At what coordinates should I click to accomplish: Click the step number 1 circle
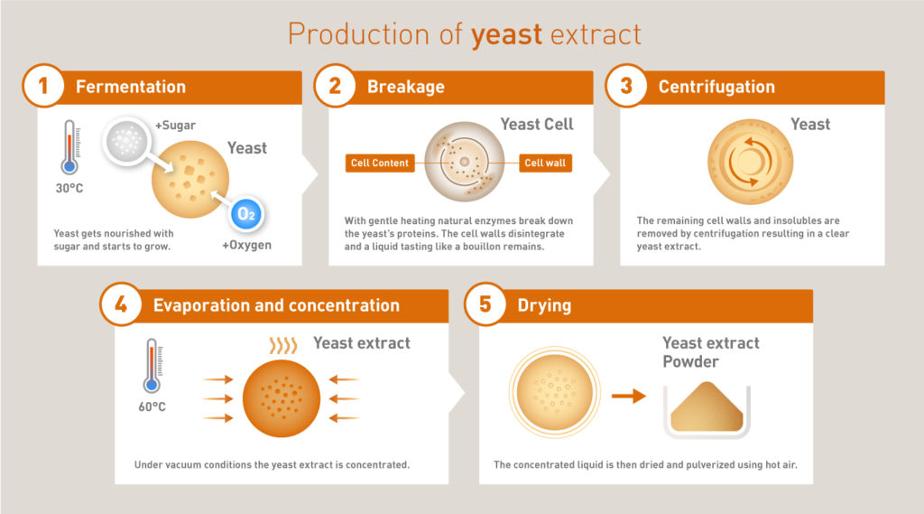tap(43, 88)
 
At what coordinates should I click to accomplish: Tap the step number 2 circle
tap(335, 88)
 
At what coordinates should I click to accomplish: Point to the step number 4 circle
tap(121, 305)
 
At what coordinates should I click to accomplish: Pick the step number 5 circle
tap(485, 305)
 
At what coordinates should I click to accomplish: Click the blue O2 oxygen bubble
tap(245, 213)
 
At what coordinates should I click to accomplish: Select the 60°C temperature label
tap(151, 407)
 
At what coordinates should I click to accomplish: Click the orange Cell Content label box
tap(380, 164)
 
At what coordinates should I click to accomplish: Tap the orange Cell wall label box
tap(545, 164)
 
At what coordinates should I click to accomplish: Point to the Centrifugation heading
tap(716, 88)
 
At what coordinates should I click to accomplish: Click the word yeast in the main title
tap(506, 34)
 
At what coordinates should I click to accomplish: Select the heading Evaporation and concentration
tap(276, 305)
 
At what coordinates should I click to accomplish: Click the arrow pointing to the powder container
tap(628, 396)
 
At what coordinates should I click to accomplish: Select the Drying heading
tap(544, 305)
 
